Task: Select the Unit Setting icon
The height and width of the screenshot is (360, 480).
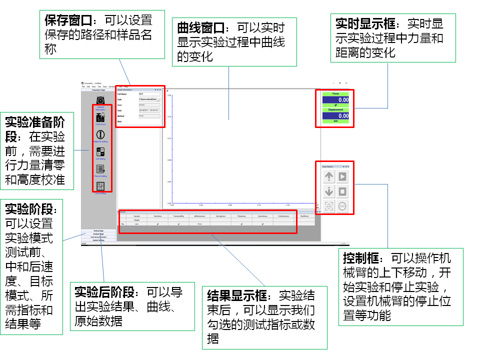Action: (100, 151)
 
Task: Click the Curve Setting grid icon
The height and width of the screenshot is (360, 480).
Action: (100, 185)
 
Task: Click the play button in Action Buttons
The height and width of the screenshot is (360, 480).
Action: (342, 176)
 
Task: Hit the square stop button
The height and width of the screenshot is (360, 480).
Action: (342, 191)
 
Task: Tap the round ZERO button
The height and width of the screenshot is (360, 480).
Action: (342, 206)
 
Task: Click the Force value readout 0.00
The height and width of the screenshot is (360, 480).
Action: (335, 100)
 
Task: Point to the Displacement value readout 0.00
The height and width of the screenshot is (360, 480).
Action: (335, 116)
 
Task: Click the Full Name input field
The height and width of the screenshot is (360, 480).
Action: (149, 94)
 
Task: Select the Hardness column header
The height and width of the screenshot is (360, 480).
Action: (157, 216)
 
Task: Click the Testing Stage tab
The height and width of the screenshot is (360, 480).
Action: (98, 231)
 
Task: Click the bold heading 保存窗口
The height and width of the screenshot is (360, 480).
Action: (68, 21)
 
